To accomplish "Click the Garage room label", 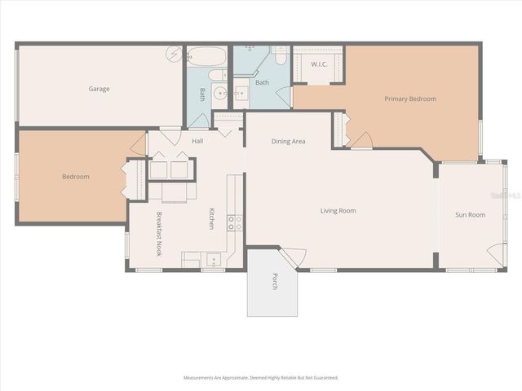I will point(99,89).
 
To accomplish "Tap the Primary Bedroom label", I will point(410,99).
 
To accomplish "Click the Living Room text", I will point(338,211).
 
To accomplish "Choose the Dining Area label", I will point(288,142).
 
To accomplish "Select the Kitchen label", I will point(211,218).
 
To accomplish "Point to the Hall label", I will point(197,142).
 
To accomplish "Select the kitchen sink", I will point(214,261).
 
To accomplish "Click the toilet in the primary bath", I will point(280,58).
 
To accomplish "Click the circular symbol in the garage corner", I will point(173,55).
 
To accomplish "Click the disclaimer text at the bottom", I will point(261,378).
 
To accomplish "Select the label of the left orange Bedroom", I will point(76,177).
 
